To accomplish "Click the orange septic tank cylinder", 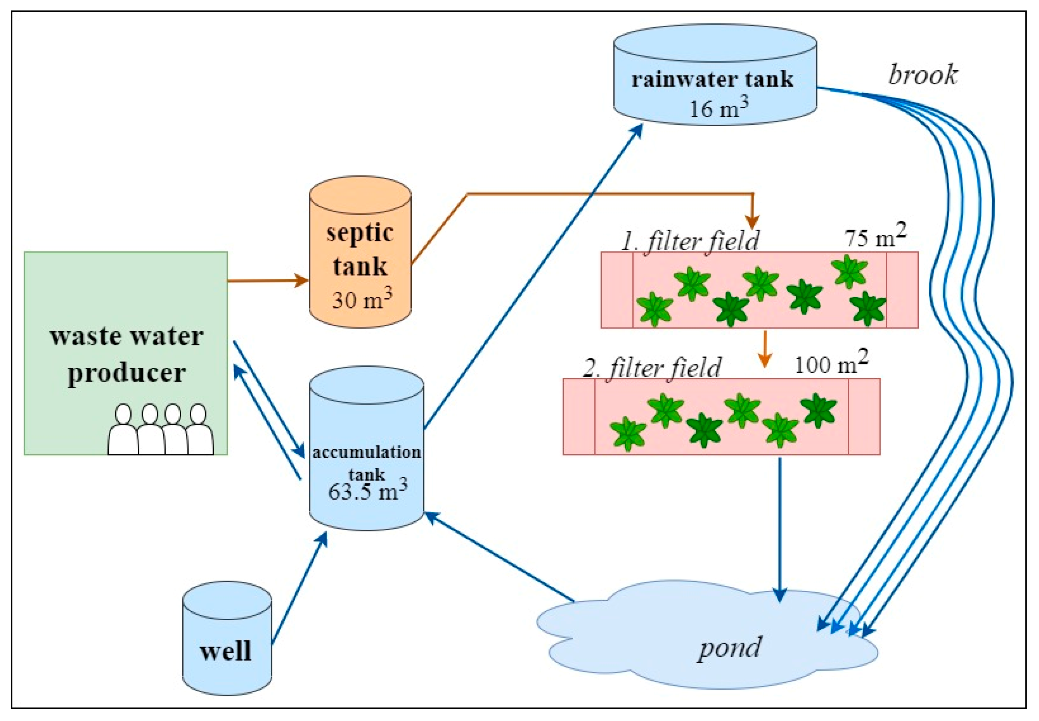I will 360,253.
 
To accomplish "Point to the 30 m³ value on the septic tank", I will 362,299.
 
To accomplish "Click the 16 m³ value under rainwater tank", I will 718,108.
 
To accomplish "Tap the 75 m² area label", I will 875,236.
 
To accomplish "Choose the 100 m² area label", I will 831,363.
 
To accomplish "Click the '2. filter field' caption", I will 651,368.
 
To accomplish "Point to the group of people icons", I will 160,429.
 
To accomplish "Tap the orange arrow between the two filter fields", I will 765,349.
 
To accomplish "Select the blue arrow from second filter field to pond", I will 780,529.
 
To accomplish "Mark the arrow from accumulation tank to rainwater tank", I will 533,276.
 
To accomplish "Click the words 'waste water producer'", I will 127,355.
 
